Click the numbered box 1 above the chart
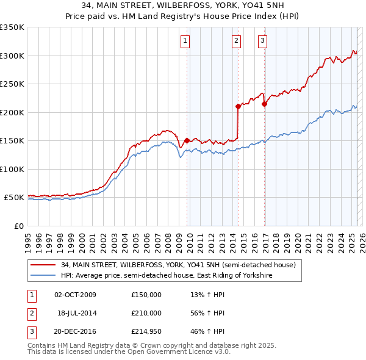click(185, 41)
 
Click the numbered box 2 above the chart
click(236, 41)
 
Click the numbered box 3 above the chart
click(262, 41)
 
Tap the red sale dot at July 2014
click(238, 106)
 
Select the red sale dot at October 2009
click(187, 140)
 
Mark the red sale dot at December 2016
click(264, 104)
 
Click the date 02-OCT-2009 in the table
click(75, 295)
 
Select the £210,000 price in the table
click(146, 313)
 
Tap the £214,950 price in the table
click(146, 331)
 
